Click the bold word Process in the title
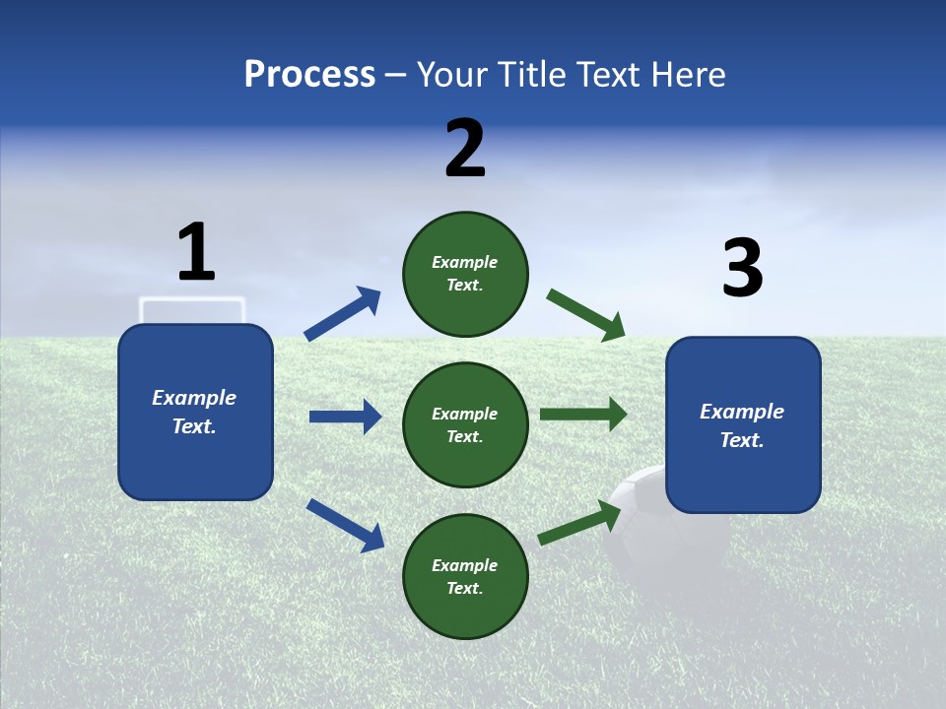tap(309, 75)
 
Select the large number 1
tap(195, 252)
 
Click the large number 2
tap(465, 148)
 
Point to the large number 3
tap(742, 268)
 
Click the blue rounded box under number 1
tap(195, 412)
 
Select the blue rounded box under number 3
tap(743, 425)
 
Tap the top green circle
tap(465, 274)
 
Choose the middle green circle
tap(465, 424)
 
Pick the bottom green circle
tap(465, 576)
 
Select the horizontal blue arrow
tap(345, 417)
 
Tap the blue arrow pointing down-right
tap(345, 525)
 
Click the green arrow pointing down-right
tap(585, 315)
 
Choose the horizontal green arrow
tap(582, 415)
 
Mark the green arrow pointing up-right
tap(579, 523)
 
